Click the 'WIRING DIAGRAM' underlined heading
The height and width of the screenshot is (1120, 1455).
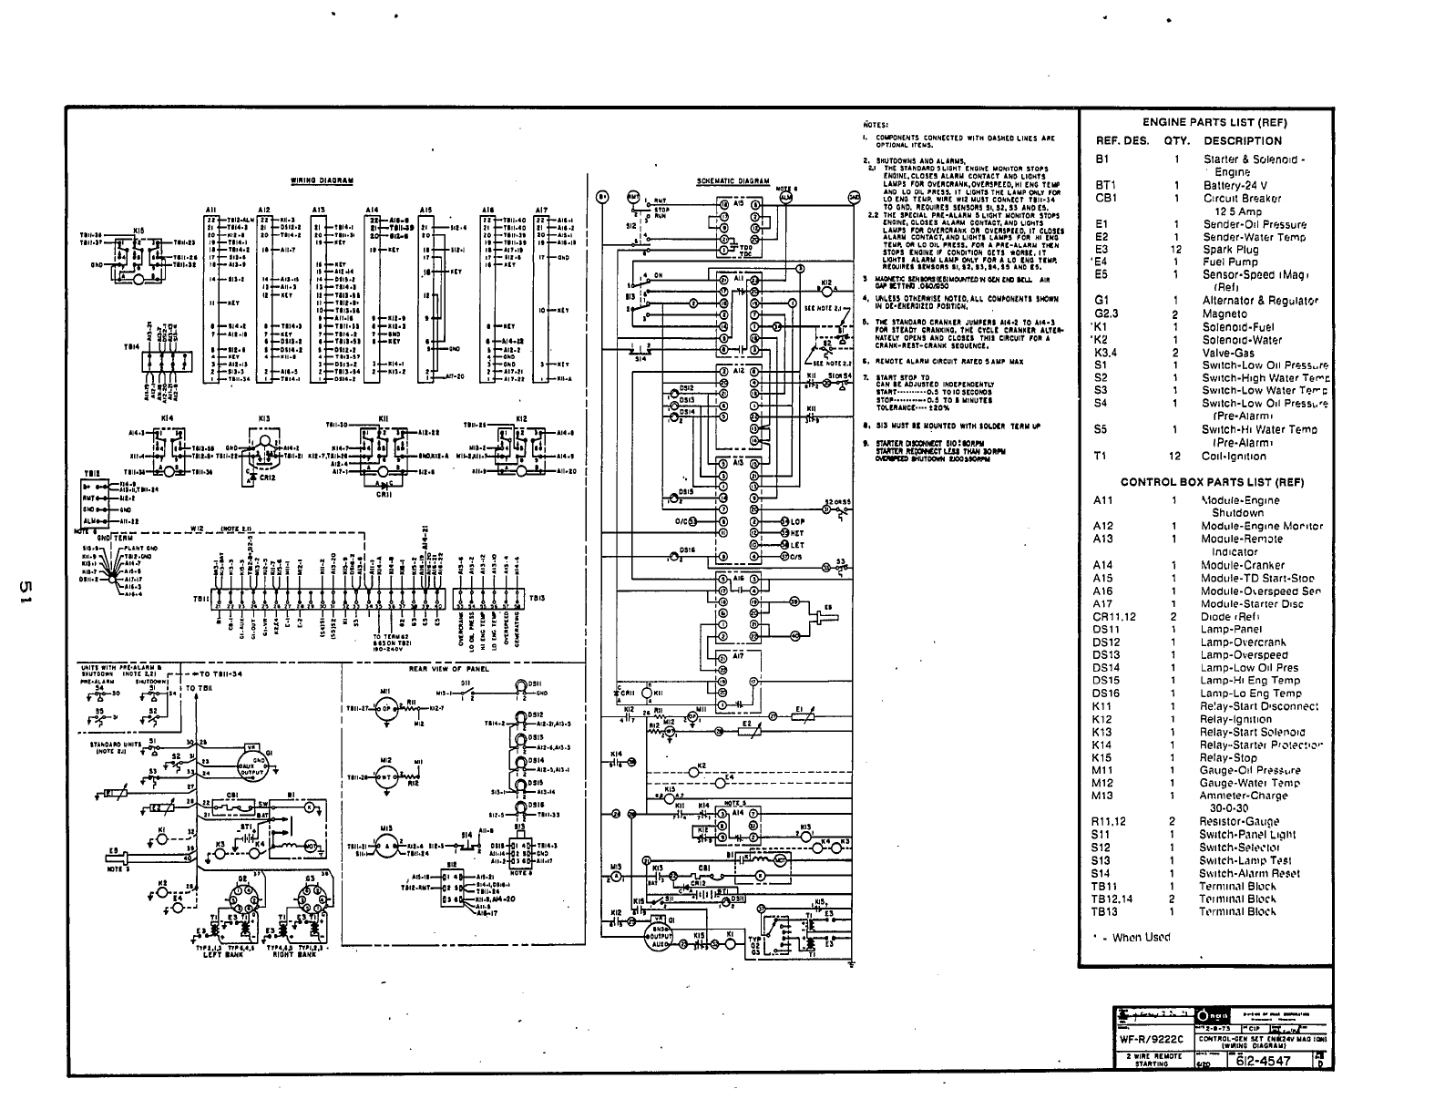coord(322,180)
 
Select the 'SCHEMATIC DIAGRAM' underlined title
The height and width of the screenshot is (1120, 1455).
coord(733,180)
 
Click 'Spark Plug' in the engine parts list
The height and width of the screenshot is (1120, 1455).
coord(1230,249)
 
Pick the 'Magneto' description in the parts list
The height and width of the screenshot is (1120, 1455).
coord(1224,313)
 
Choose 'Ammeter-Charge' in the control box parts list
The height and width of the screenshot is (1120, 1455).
coord(1244,796)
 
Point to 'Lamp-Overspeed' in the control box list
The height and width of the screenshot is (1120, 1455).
coord(1244,654)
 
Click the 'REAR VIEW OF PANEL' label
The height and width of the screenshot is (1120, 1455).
coord(448,669)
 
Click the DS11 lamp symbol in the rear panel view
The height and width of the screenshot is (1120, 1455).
coord(520,686)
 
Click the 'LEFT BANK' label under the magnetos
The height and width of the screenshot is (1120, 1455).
coord(216,955)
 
